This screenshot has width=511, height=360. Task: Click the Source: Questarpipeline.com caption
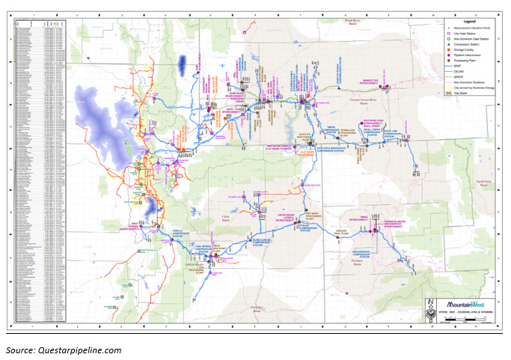tap(64, 350)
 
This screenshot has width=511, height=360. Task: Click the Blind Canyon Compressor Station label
tap(271, 237)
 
